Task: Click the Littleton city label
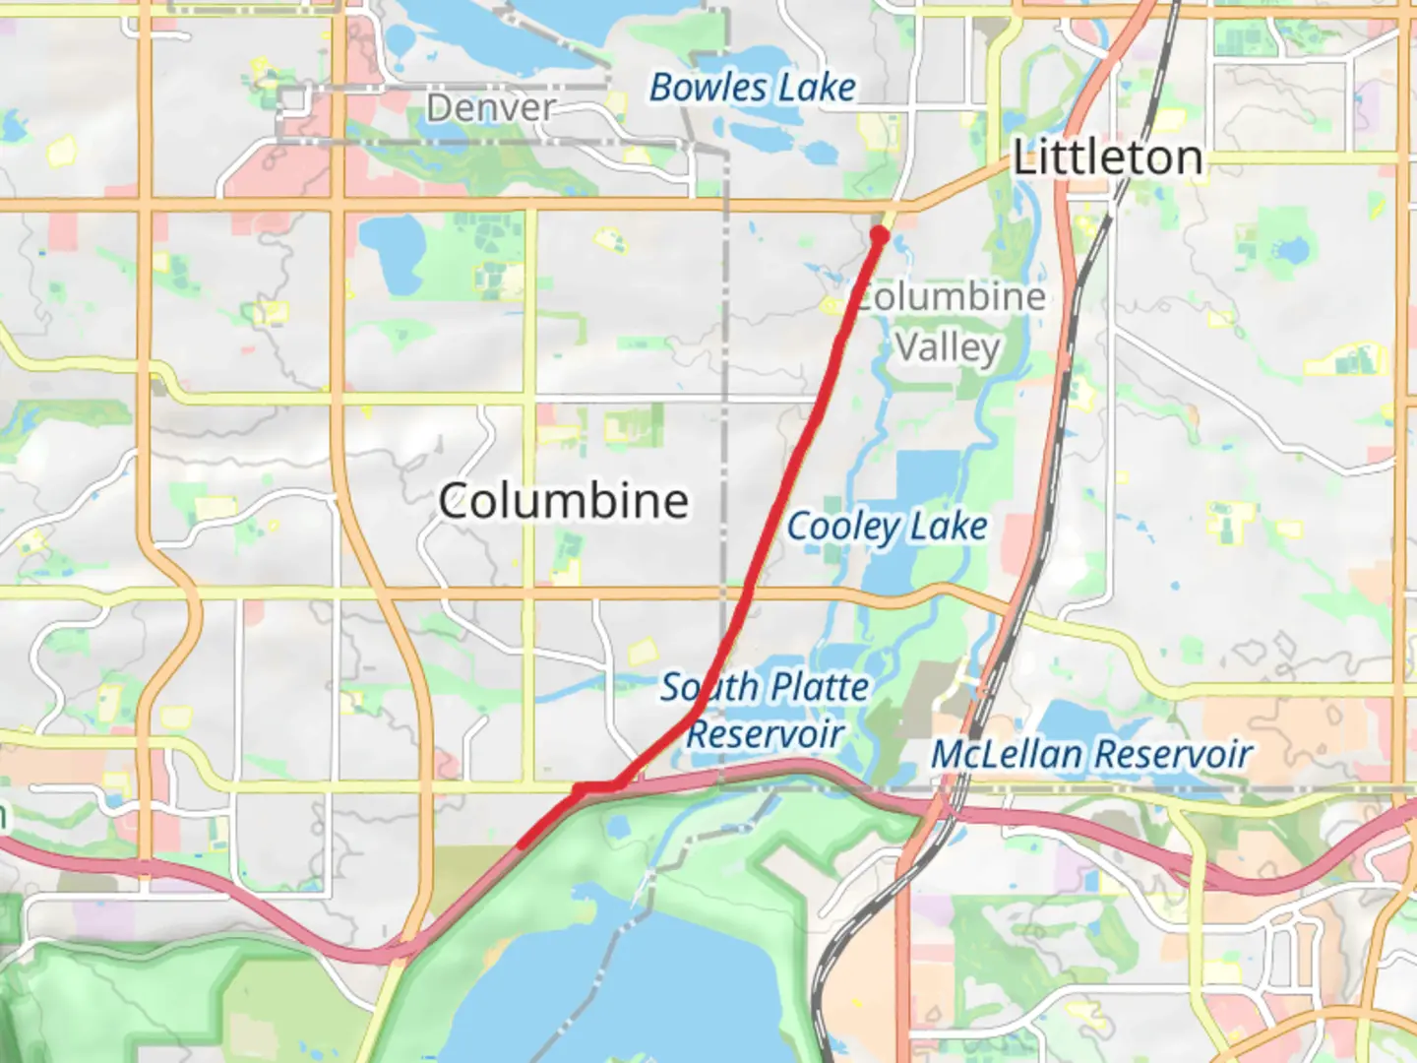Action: click(x=1108, y=158)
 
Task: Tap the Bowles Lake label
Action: click(x=752, y=88)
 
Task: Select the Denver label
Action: click(x=491, y=107)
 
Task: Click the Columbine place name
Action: click(x=563, y=501)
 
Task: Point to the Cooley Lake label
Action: click(x=887, y=527)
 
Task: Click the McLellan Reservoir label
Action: click(x=1091, y=755)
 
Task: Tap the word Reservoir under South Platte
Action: click(x=766, y=734)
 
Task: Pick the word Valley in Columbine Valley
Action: click(x=949, y=347)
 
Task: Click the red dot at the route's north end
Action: click(x=880, y=235)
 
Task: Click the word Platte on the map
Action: click(x=819, y=687)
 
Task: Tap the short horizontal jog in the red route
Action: click(x=596, y=787)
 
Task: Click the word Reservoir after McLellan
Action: click(x=1173, y=755)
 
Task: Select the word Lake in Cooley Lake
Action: click(x=948, y=527)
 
